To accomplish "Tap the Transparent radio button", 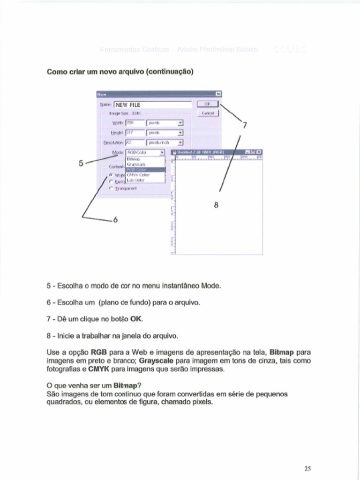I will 111,188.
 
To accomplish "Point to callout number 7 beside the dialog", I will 244,125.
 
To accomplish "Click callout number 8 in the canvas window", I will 216,205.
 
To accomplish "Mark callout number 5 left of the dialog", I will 81,163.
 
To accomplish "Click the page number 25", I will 307,468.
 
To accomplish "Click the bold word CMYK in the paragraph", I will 97,369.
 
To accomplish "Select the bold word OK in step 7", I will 135,319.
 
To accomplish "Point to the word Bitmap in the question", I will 123,386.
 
